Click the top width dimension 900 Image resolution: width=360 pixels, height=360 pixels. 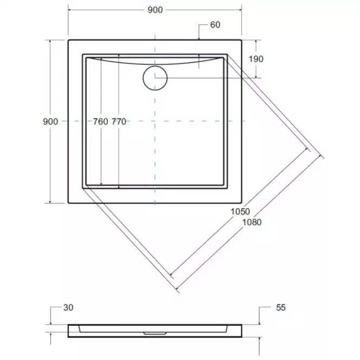[x=155, y=10]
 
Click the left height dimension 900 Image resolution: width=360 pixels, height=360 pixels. [x=50, y=121]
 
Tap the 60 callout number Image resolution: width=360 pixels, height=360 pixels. [x=215, y=25]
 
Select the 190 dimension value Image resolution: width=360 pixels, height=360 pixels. [x=256, y=59]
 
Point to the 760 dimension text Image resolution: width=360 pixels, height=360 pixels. [x=100, y=122]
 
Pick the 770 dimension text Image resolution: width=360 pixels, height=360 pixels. [x=119, y=122]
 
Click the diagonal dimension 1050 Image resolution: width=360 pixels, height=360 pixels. [x=240, y=212]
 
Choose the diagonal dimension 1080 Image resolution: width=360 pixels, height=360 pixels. [x=252, y=222]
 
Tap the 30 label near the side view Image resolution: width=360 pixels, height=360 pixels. [x=68, y=307]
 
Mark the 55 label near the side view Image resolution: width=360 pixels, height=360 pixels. [x=281, y=307]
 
